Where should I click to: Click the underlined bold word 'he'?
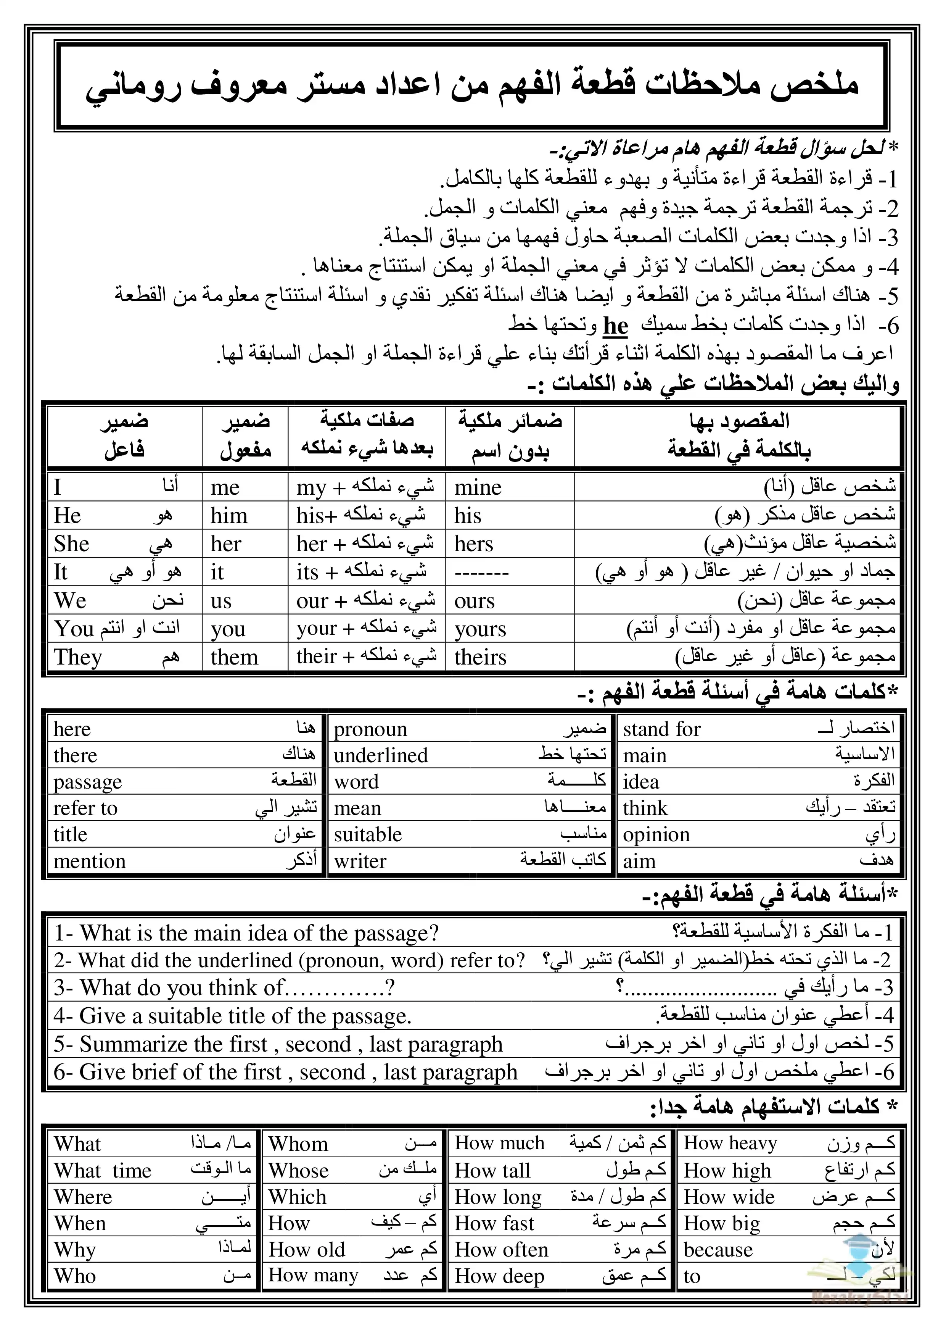coord(615,326)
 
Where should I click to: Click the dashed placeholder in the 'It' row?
coord(481,573)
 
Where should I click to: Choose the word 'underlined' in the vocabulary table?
coord(381,755)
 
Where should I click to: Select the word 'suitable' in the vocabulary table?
coord(368,834)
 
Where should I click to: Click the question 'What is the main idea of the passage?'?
coord(246,933)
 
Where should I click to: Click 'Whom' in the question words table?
coord(298,1144)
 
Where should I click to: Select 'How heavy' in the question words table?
coord(730,1144)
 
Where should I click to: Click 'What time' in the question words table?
coord(103,1170)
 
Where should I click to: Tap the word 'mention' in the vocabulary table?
coord(89,861)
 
